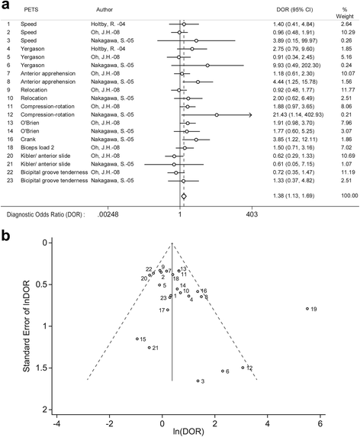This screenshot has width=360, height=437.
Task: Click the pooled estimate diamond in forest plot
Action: (183, 197)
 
